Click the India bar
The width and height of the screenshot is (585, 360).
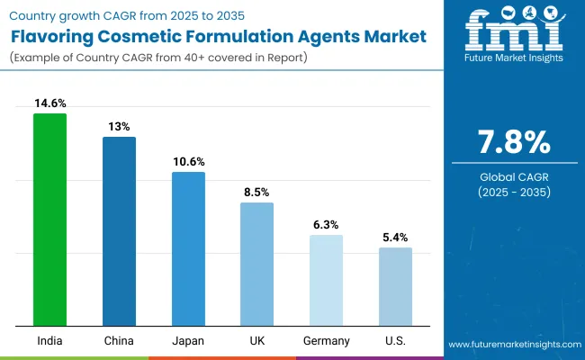click(x=49, y=220)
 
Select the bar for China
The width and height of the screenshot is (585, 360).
click(x=119, y=231)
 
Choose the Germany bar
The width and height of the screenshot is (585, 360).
click(x=326, y=280)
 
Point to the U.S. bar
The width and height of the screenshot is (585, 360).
click(x=395, y=286)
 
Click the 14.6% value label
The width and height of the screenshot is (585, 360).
click(x=49, y=104)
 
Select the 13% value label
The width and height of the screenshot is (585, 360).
click(x=119, y=127)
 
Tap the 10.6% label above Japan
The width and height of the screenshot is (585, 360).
click(x=188, y=162)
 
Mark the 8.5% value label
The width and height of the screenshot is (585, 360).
click(x=256, y=193)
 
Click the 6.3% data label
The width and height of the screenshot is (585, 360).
click(x=326, y=225)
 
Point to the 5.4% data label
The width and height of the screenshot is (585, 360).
click(x=395, y=238)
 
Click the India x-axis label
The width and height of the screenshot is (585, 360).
click(x=49, y=340)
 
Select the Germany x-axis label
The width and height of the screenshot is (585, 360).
click(x=326, y=340)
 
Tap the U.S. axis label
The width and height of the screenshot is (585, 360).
click(x=395, y=340)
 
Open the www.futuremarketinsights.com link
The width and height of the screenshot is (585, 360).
click(x=513, y=346)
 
